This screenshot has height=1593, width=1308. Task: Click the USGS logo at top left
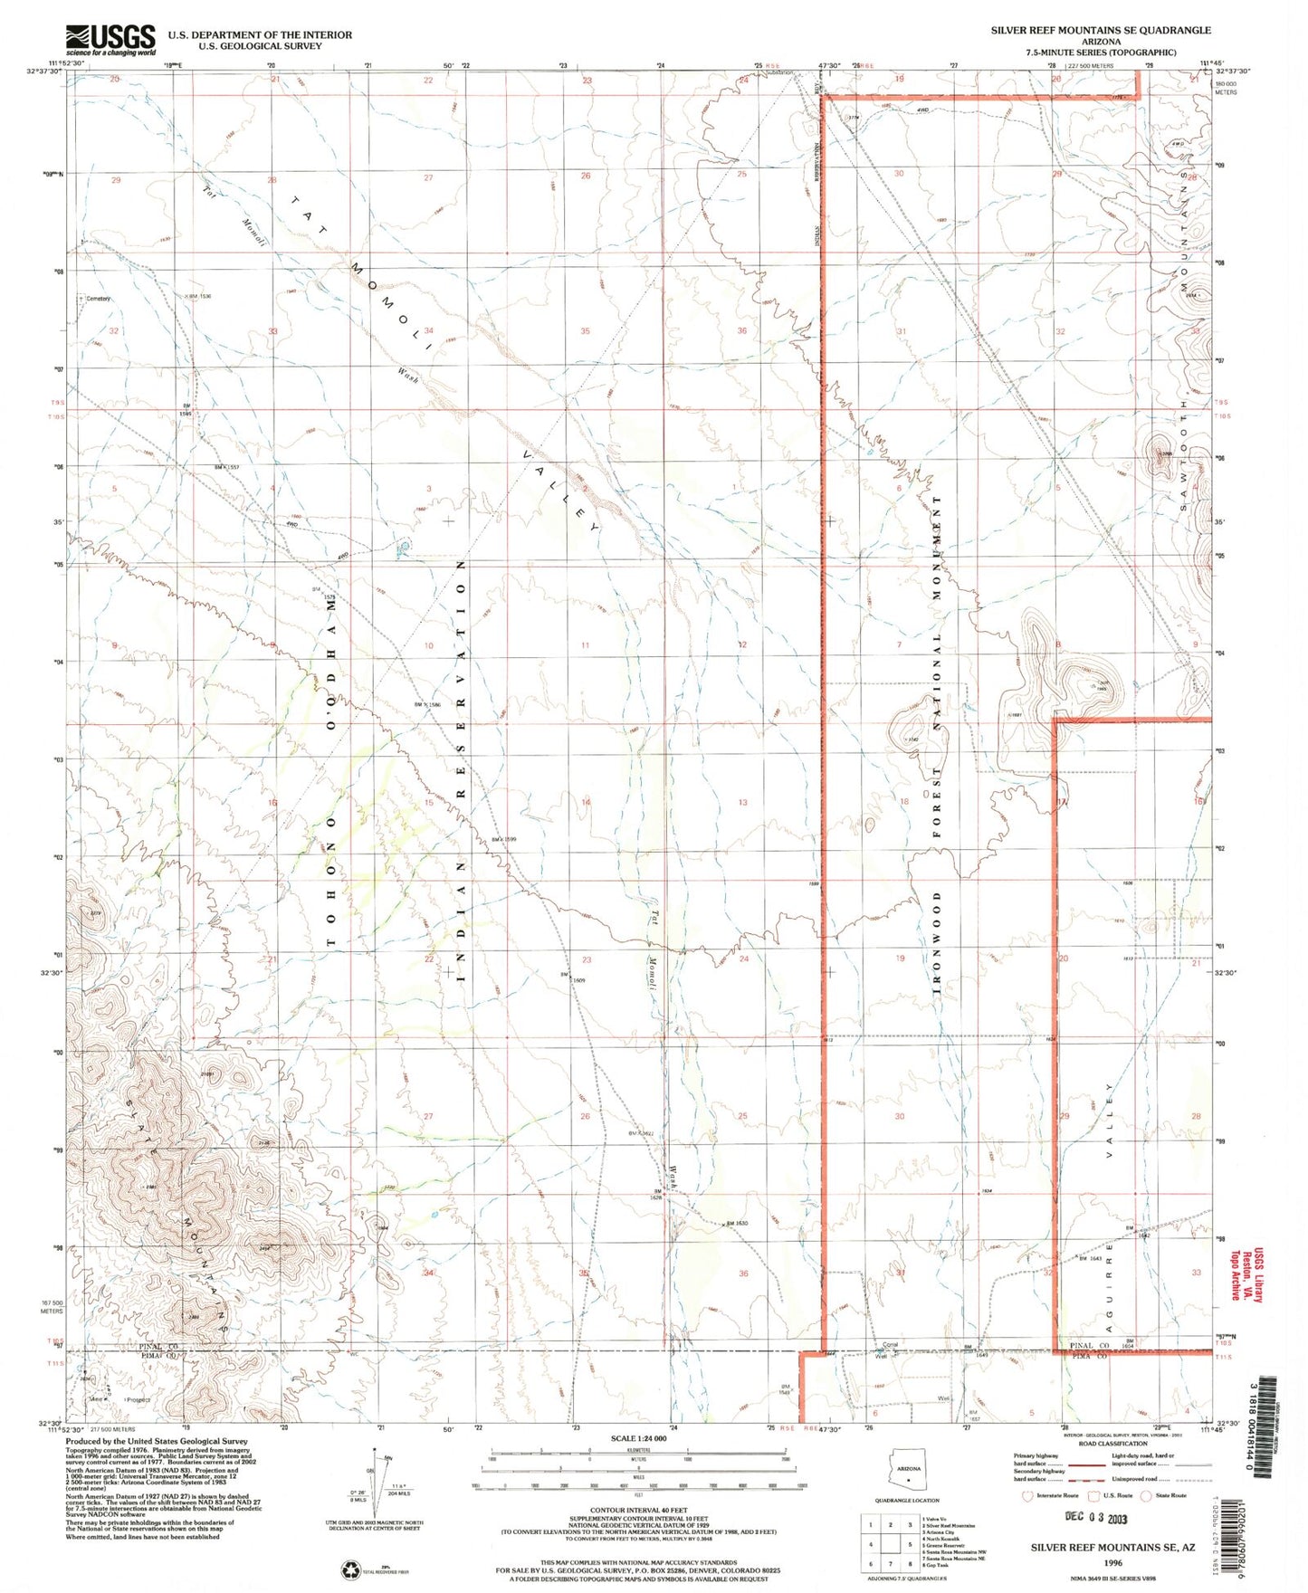click(110, 40)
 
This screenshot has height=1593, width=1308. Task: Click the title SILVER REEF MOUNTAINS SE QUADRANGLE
click(1100, 30)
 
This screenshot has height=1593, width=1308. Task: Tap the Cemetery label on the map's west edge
click(98, 299)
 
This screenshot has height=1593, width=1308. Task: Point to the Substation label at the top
click(780, 72)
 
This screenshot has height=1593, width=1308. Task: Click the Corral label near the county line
click(890, 1345)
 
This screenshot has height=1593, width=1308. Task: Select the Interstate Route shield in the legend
click(1026, 1495)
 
